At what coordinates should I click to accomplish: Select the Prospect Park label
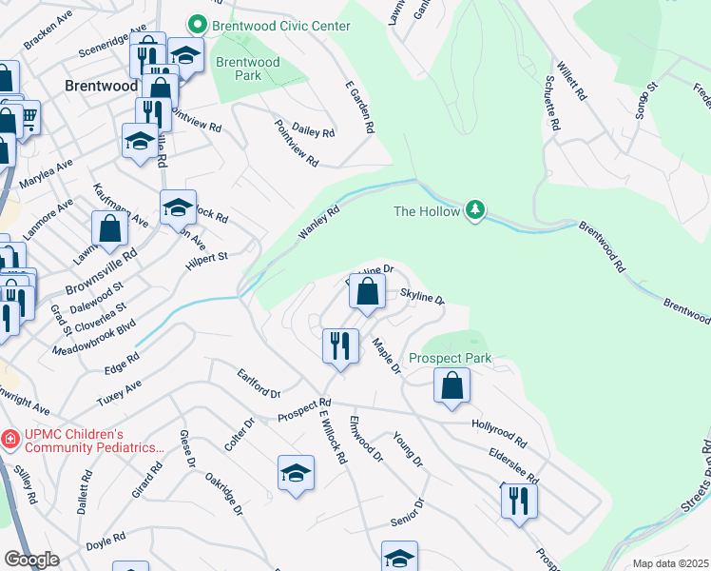coord(451,359)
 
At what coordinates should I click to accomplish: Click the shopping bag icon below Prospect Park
coord(452,385)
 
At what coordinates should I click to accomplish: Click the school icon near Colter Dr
coord(296,473)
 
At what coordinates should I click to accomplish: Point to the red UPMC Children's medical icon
coord(10,439)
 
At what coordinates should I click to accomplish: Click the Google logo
coord(31,560)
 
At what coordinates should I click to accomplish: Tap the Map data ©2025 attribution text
coord(670,563)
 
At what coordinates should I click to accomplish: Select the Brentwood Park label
coord(247,69)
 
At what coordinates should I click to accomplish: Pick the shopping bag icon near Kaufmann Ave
coord(110,228)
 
